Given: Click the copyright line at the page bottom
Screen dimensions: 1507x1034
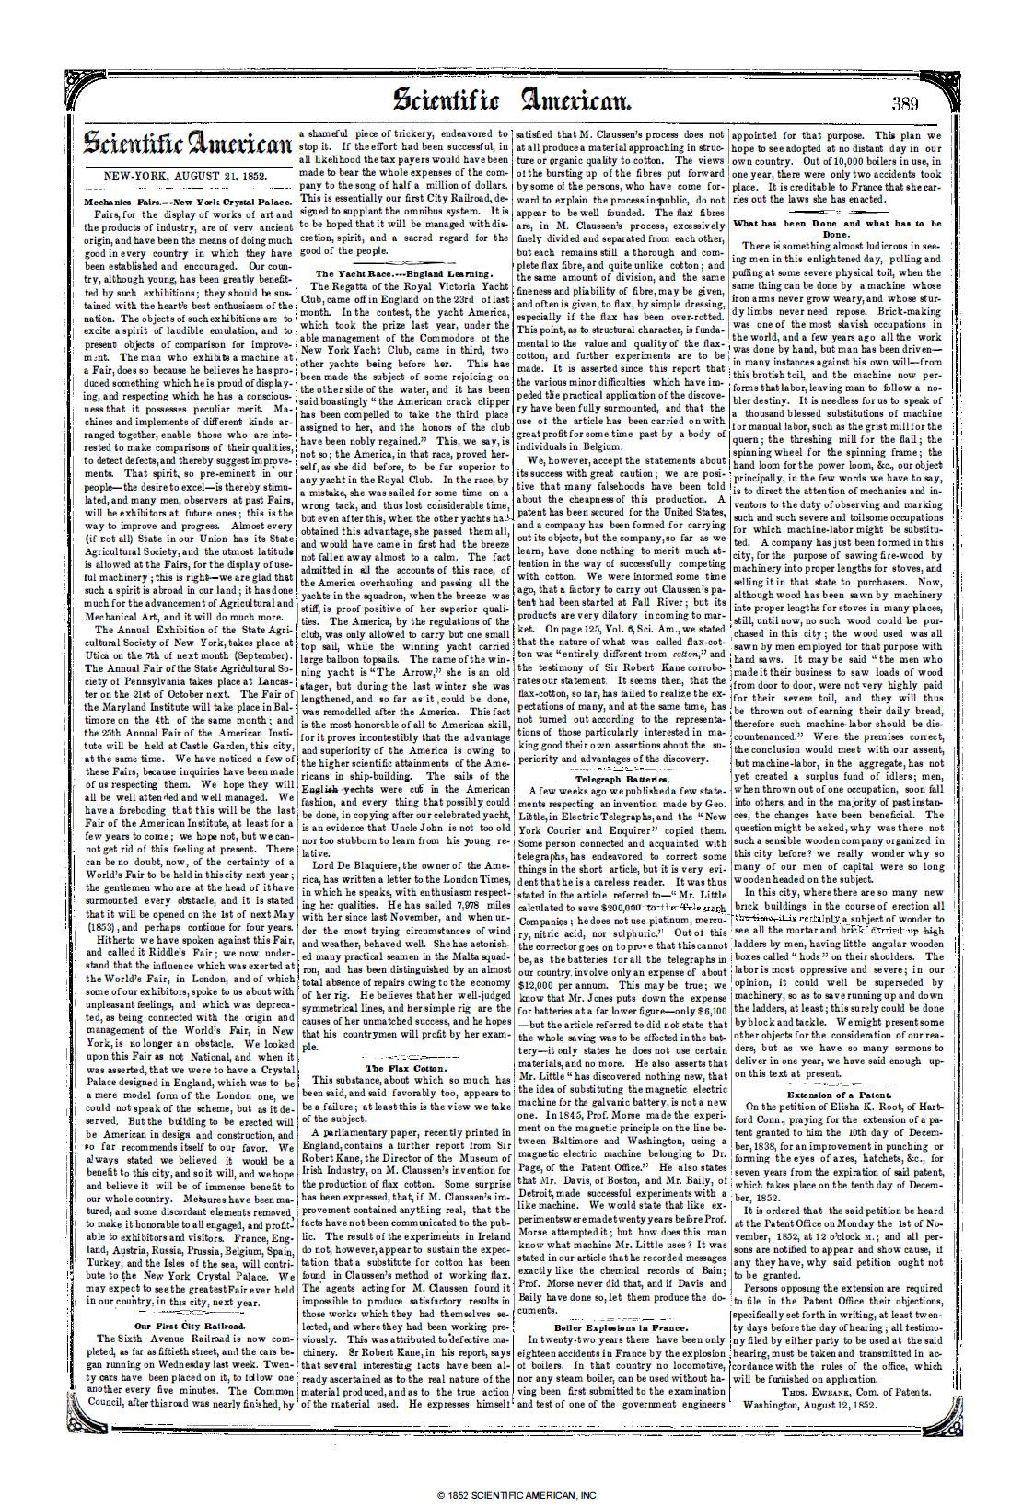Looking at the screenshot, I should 517,1495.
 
